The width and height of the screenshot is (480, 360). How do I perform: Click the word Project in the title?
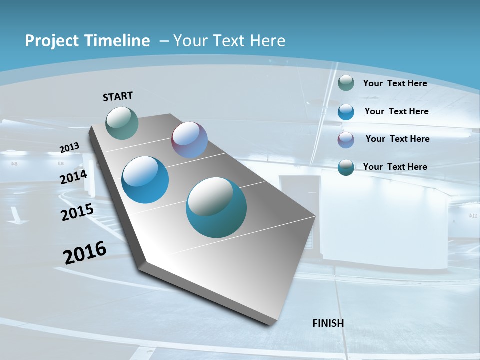[50, 41]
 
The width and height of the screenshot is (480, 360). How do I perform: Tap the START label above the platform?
[118, 96]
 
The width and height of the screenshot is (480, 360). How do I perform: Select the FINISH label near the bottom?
[328, 323]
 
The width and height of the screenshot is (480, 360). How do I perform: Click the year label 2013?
[70, 147]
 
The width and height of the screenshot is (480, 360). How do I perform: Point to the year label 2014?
[74, 177]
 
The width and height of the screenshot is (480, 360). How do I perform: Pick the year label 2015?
[77, 212]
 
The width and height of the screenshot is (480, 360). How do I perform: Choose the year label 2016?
[85, 252]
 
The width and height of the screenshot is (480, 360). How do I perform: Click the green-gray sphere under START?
[122, 123]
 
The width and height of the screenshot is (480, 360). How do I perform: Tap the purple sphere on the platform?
[189, 140]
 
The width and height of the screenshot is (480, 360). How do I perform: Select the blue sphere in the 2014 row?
[145, 180]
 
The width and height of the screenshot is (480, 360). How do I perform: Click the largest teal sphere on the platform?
[216, 207]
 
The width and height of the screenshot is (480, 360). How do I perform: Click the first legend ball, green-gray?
[346, 83]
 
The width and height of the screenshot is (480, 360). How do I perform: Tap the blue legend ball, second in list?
[346, 112]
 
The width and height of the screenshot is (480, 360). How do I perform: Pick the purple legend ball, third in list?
[346, 140]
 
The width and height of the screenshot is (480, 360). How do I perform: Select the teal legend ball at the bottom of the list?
[346, 167]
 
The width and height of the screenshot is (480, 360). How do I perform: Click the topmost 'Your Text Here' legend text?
[395, 83]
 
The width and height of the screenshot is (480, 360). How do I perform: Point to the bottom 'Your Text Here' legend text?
[395, 167]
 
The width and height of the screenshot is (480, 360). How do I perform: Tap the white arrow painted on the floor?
[15, 215]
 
